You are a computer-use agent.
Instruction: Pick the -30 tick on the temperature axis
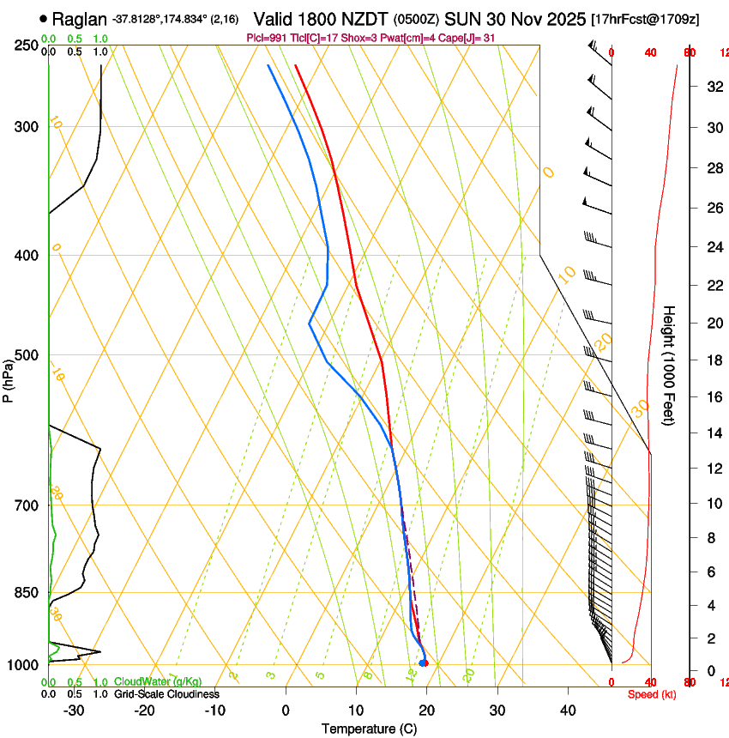tap(75, 710)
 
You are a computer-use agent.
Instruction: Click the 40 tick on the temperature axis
tap(568, 710)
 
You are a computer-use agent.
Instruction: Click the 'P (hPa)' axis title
tap(8, 378)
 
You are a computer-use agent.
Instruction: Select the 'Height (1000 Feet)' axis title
tap(669, 364)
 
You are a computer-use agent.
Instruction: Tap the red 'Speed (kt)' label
tap(651, 693)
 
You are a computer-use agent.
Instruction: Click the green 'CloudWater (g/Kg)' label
tap(158, 681)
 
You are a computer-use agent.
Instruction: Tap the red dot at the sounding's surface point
tap(424, 662)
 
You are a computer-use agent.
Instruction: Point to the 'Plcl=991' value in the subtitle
tap(265, 38)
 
